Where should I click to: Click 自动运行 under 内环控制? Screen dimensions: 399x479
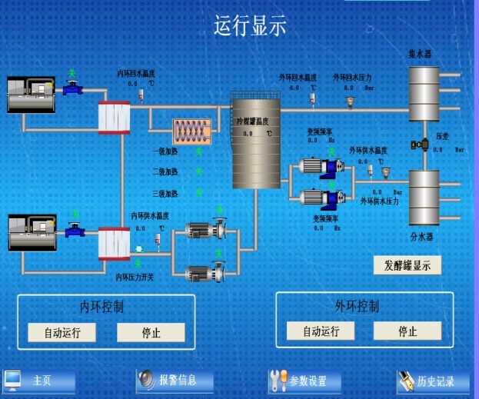(62, 332)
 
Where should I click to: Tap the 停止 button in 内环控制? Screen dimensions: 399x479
(151, 332)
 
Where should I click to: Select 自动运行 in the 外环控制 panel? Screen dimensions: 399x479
(321, 331)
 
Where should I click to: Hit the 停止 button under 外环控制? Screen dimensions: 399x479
(407, 331)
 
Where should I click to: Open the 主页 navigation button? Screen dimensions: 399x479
(40, 381)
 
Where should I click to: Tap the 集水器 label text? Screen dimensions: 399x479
(420, 55)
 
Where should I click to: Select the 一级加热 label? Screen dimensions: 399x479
(165, 151)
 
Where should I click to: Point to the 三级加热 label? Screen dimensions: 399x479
(165, 193)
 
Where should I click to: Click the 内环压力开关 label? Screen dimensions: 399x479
(135, 277)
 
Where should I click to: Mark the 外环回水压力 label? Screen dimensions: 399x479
(352, 78)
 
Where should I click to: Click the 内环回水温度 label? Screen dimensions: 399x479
(137, 72)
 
